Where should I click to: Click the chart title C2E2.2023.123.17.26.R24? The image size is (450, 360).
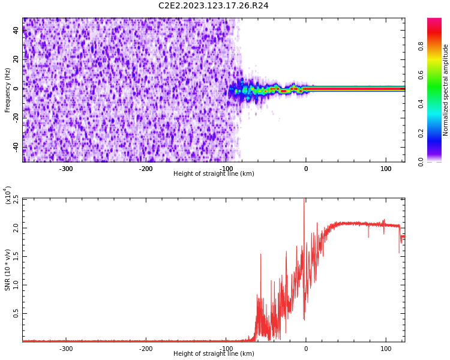213,6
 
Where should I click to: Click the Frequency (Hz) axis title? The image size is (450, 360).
8,90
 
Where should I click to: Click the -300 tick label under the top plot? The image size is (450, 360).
66,169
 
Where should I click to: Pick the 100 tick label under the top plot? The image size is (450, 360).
386,169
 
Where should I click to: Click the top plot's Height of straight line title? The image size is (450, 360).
214,174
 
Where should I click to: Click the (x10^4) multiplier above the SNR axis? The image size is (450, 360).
8,195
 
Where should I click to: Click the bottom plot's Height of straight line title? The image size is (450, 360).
214,354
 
